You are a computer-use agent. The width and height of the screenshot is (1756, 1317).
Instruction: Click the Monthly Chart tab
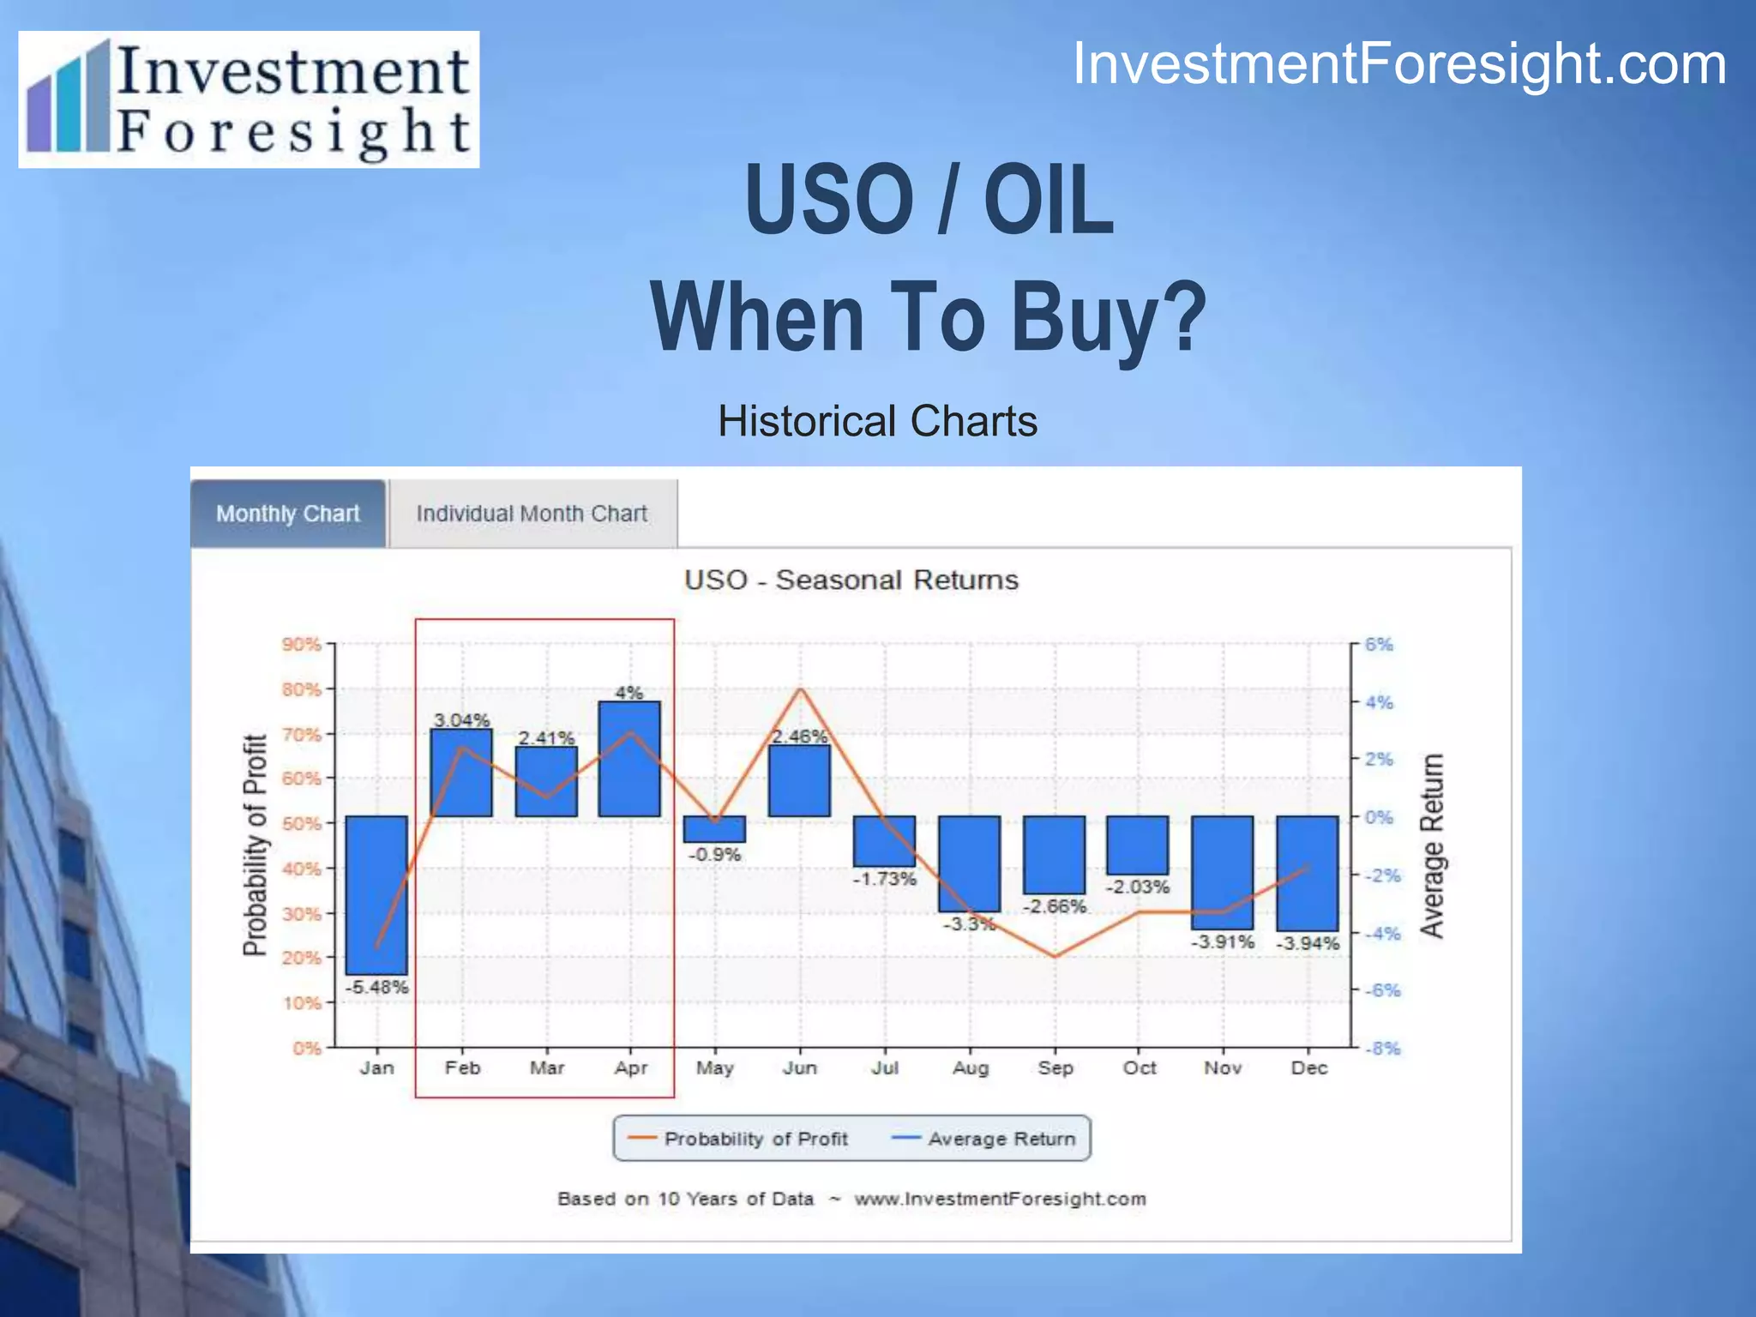(288, 514)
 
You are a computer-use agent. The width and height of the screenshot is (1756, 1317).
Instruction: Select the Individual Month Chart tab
(532, 514)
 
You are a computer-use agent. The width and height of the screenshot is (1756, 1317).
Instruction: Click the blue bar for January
(376, 894)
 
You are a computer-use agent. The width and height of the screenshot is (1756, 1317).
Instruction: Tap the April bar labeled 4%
(629, 759)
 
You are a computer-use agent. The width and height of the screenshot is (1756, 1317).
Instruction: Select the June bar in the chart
(799, 780)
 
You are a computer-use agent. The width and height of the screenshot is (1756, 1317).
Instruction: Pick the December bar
(1307, 873)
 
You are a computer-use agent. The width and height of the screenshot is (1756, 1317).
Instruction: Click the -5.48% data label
(376, 987)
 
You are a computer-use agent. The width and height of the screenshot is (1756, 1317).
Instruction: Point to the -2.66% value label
(1055, 906)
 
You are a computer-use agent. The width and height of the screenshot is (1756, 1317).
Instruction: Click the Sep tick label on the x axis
(1055, 1068)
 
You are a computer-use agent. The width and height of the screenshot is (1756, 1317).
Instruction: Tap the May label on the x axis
(714, 1068)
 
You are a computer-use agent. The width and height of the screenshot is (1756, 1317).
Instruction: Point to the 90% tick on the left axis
(301, 644)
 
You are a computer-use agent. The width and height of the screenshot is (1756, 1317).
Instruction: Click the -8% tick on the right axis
(1382, 1048)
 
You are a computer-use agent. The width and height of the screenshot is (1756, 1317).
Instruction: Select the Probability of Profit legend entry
(738, 1139)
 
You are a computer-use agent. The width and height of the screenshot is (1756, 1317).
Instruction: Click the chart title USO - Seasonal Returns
(851, 580)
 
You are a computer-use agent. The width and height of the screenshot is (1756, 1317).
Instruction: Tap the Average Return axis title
(1432, 845)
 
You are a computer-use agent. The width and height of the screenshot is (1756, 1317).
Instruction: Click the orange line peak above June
(801, 689)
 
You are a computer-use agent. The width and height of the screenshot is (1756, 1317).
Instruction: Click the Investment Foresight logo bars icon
(69, 99)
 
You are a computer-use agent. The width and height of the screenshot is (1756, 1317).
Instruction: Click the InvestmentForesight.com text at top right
(1399, 64)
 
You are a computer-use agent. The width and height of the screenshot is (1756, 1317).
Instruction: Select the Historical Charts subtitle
(877, 421)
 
